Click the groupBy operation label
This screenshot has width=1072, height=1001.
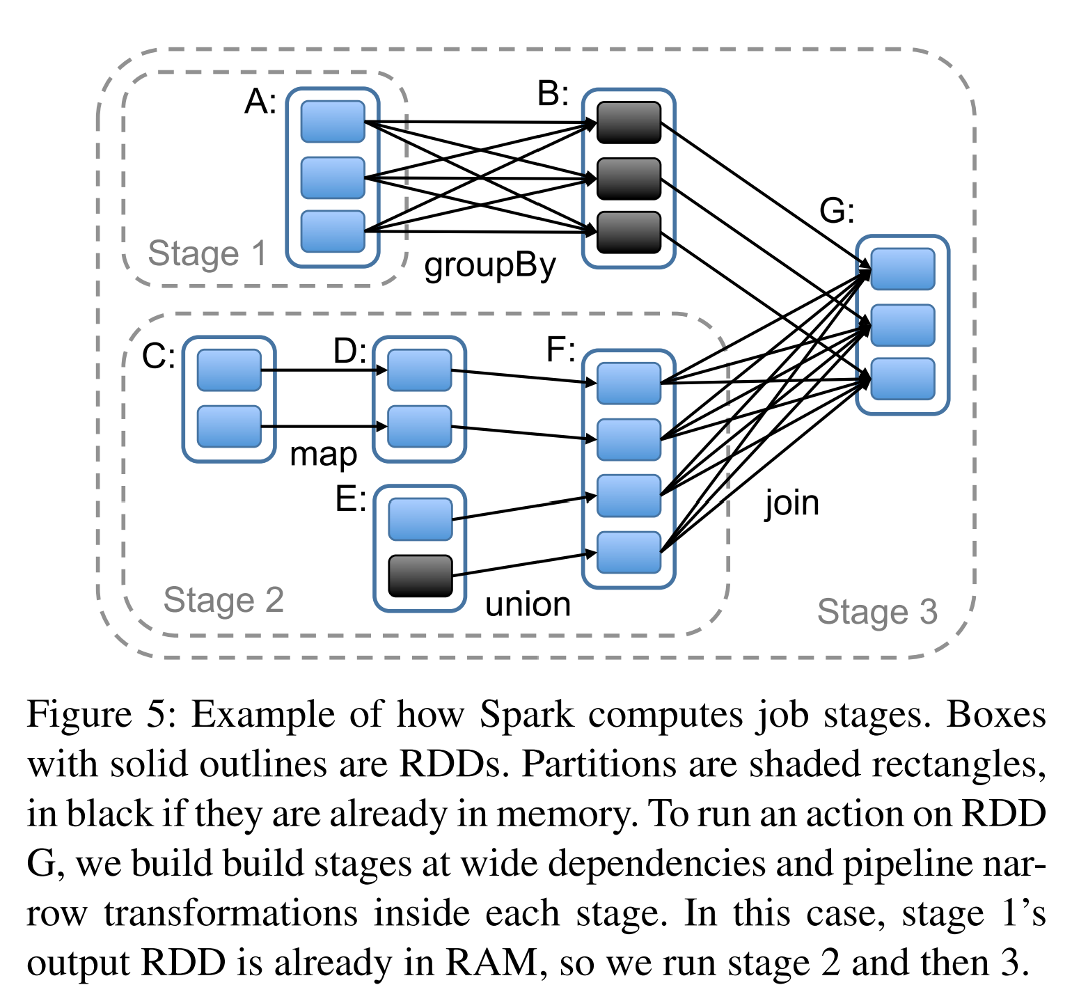click(x=490, y=266)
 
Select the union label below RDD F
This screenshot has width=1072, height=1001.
click(x=528, y=604)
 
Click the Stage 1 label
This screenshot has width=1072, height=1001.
click(x=207, y=253)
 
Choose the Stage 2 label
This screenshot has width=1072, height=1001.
click(x=223, y=600)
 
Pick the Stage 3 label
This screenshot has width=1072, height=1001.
click(x=877, y=613)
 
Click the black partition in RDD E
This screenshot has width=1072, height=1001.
click(x=420, y=576)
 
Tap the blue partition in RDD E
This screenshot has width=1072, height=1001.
click(x=420, y=519)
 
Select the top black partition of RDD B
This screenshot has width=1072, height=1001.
click(x=629, y=123)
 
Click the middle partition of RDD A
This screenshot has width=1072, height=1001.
click(x=333, y=178)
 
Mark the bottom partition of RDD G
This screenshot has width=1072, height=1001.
click(x=902, y=379)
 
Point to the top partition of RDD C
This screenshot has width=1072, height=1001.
click(x=229, y=370)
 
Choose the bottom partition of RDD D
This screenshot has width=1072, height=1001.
click(x=419, y=427)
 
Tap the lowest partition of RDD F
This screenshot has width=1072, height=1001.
click(x=629, y=552)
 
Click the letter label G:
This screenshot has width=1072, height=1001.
click(x=837, y=210)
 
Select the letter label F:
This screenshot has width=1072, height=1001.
click(x=560, y=349)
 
